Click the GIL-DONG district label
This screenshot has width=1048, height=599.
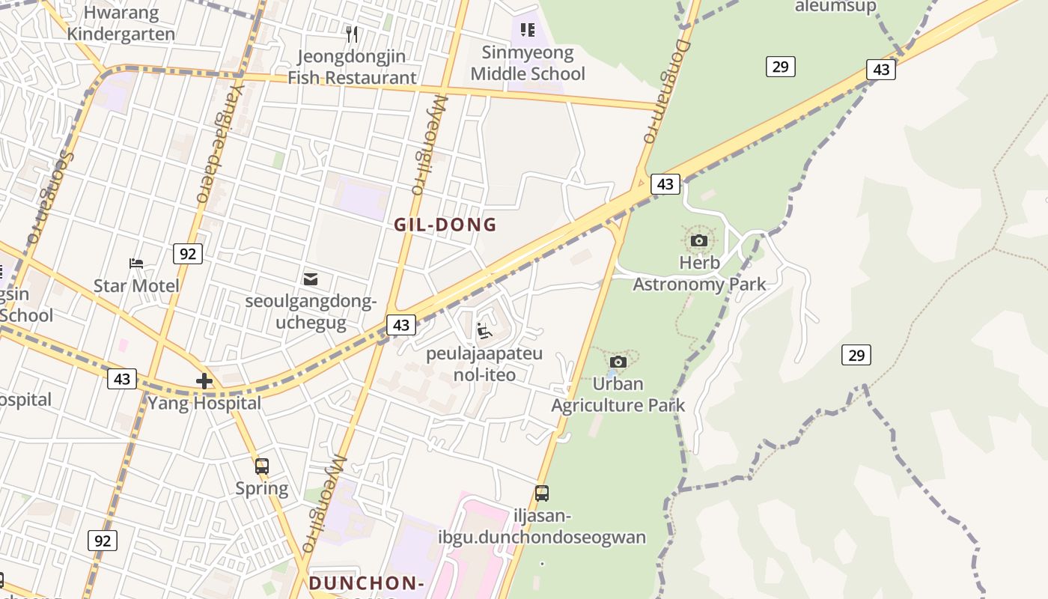445,225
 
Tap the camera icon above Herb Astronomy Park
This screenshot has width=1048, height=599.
699,240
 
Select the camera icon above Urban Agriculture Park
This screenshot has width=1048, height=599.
618,362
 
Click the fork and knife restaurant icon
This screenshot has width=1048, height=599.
352,34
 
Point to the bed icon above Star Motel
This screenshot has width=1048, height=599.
136,264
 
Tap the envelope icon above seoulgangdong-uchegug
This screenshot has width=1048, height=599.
311,279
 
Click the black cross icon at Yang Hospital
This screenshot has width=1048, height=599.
204,381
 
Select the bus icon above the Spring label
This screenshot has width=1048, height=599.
261,466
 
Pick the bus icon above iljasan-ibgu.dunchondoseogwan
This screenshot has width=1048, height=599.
542,493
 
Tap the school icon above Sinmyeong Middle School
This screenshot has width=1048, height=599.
528,30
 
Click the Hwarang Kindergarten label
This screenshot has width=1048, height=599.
121,23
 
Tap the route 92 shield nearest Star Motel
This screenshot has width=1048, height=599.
187,254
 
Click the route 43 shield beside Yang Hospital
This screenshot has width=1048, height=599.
122,379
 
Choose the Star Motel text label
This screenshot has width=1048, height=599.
136,286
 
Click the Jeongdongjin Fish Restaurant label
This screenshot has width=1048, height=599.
352,67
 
